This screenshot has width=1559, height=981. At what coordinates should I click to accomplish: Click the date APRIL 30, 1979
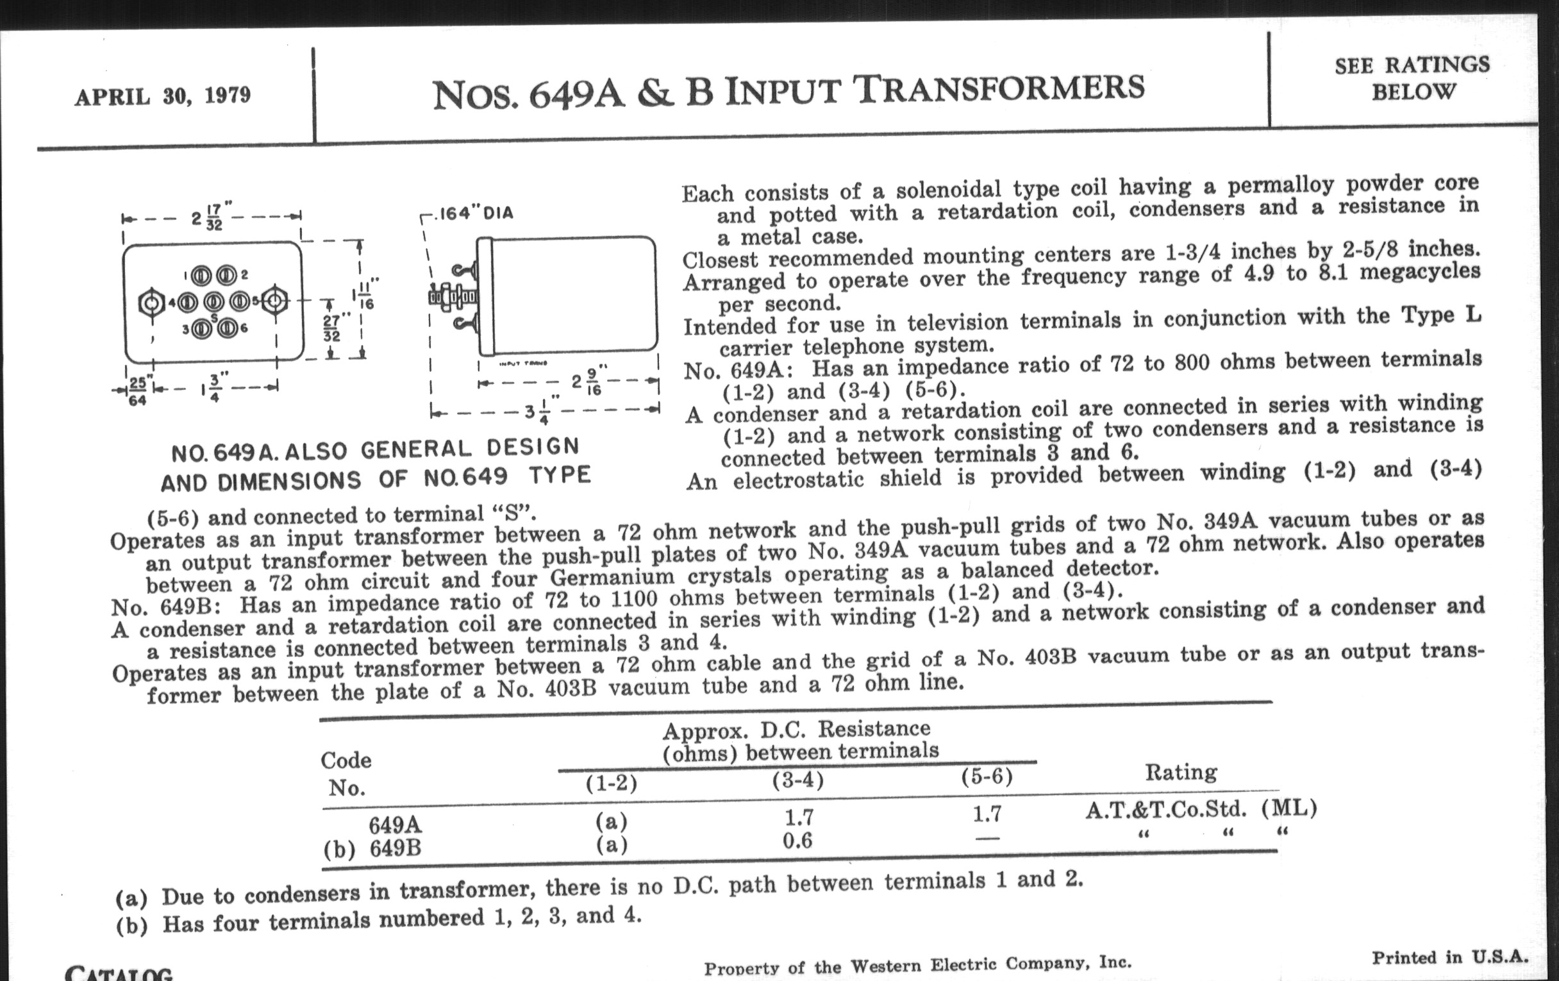click(163, 96)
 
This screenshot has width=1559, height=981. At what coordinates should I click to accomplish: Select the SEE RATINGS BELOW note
click(1412, 78)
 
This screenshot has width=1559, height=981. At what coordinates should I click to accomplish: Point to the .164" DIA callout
click(476, 213)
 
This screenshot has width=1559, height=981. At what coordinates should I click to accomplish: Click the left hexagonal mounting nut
click(151, 303)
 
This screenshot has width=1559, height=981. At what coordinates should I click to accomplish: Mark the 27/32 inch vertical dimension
click(331, 328)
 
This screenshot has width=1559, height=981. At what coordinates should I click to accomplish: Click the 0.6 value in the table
click(797, 841)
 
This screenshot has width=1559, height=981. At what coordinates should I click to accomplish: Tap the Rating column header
click(1181, 772)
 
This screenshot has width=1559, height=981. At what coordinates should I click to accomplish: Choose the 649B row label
click(395, 848)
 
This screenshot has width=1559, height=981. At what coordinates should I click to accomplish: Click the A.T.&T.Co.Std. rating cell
click(1165, 809)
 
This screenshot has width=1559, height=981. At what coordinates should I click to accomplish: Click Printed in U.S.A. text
click(1449, 957)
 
